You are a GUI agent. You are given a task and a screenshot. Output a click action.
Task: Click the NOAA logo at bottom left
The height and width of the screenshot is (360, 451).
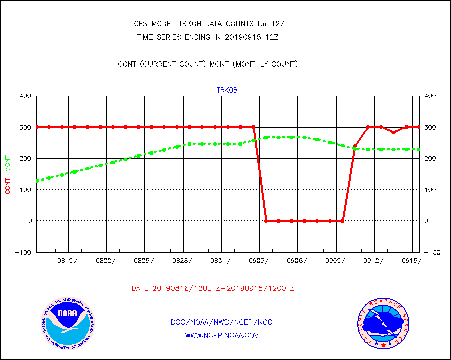(67, 323)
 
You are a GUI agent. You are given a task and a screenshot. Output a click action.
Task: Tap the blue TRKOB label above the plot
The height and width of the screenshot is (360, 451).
(227, 90)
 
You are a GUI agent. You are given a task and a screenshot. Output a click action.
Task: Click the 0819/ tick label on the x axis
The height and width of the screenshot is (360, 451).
(67, 260)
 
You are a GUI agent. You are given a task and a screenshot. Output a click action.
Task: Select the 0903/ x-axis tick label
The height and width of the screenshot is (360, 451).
(259, 260)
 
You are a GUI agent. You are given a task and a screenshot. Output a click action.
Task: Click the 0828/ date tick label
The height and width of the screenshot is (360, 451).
(182, 260)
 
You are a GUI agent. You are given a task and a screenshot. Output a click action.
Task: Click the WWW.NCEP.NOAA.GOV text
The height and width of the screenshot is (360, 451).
(222, 335)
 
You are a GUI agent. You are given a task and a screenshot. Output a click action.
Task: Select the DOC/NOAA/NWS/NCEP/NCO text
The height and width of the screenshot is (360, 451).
(222, 322)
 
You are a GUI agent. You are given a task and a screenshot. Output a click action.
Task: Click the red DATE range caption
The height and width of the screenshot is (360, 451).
(213, 289)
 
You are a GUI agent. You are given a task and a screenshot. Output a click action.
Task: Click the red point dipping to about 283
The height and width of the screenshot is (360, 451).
(394, 132)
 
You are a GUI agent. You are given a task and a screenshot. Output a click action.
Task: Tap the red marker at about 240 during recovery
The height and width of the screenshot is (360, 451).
(355, 146)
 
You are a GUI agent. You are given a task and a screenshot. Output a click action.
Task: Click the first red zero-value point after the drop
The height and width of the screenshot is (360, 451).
(266, 221)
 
